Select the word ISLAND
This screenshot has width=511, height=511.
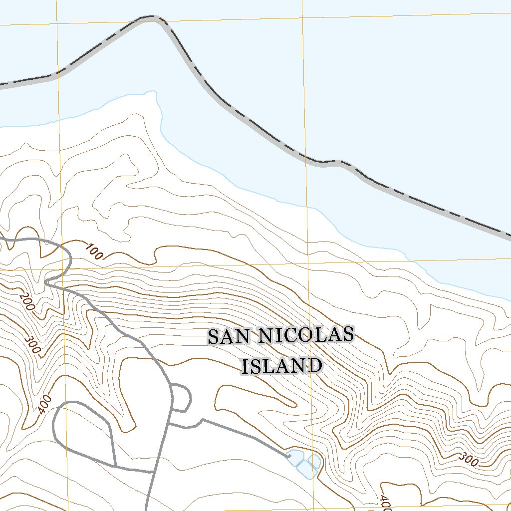(x=281, y=366)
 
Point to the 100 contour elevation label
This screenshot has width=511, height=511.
(x=94, y=252)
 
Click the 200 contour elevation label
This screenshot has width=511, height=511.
(x=27, y=302)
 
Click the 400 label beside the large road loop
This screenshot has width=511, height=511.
(x=44, y=404)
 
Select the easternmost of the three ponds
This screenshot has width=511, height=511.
(x=314, y=460)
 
